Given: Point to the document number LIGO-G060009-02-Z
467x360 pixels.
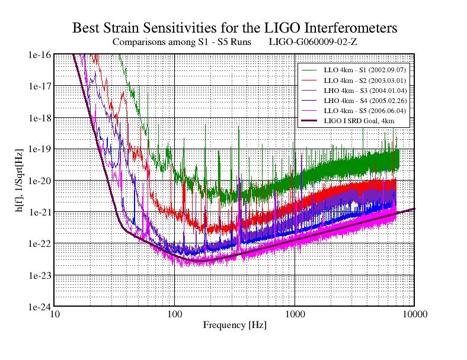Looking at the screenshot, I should click(313, 43).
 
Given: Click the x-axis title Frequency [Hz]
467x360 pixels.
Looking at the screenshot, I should click(235, 324).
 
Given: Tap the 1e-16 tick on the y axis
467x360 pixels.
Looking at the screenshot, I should click(39, 55).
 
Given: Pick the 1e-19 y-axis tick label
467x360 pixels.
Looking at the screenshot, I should click(39, 149).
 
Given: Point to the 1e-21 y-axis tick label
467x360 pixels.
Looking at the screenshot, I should click(39, 212).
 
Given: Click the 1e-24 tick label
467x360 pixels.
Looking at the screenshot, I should click(39, 307).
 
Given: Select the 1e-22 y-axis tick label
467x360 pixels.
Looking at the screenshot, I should click(39, 243).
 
